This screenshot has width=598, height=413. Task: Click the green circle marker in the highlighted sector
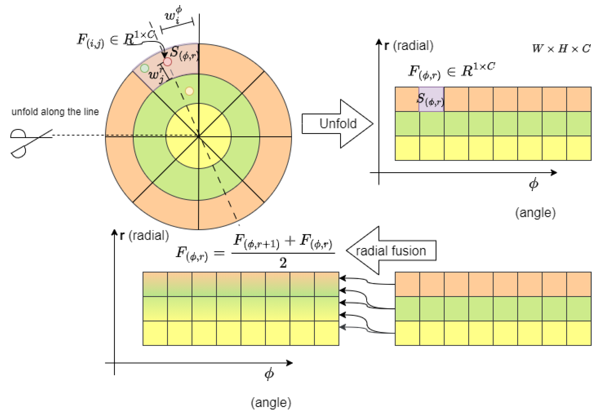[144, 68]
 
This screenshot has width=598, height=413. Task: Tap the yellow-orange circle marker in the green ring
[189, 91]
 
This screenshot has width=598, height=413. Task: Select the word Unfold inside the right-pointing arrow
[338, 123]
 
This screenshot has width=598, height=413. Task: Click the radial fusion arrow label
[390, 251]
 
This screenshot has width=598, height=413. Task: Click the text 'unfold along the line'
[55, 112]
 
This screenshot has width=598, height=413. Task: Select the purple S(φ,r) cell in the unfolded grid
[431, 99]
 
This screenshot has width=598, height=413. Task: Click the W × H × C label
[561, 48]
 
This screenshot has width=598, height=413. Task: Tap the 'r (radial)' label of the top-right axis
[409, 46]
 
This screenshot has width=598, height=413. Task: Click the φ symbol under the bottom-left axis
[269, 374]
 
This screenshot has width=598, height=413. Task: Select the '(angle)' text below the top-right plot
[535, 213]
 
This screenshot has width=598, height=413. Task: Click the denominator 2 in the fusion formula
[283, 263]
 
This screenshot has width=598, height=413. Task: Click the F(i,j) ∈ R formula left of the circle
[116, 40]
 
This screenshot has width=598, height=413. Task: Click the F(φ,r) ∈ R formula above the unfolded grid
[451, 71]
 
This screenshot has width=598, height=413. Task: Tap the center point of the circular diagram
[198, 136]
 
